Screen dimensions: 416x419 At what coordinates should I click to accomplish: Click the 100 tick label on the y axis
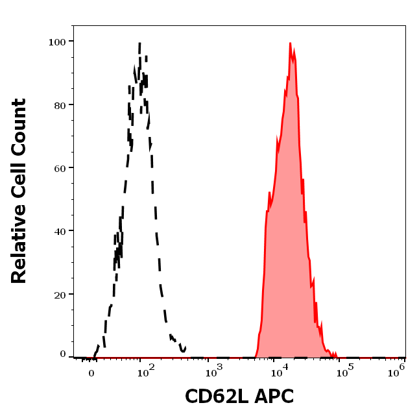(x=57, y=42)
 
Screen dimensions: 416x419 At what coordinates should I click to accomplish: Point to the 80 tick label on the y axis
(x=60, y=104)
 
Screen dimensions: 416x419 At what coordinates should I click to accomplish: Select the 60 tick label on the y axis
(x=60, y=167)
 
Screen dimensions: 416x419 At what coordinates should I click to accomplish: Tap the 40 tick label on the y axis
(x=60, y=230)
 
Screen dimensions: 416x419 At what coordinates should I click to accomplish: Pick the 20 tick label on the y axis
(x=60, y=294)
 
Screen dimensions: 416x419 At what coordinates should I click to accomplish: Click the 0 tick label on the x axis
(x=91, y=373)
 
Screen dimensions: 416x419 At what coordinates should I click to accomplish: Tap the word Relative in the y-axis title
(x=19, y=244)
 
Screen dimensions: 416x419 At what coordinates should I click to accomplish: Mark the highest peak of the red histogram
(x=290, y=43)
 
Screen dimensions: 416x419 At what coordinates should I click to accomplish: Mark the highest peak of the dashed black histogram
(x=139, y=43)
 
